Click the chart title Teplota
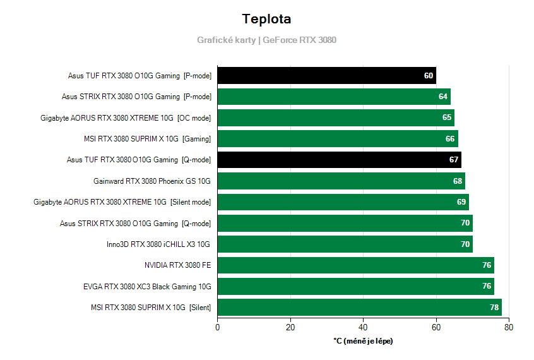pos(266,19)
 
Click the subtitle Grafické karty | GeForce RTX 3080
pos(266,40)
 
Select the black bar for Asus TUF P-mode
pos(326,76)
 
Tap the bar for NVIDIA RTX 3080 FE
pos(355,265)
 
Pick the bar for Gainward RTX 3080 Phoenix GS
pos(341,181)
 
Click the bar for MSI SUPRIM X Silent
pos(359,308)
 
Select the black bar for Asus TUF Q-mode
pos(339,160)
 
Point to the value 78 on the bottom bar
pos(494,308)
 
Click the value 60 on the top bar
pos(429,76)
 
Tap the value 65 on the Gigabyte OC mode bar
pos(447,117)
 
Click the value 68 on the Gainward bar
pos(458,181)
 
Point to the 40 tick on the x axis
pos(363,327)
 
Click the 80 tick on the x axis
pos(509,327)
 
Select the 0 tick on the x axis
pos(218,327)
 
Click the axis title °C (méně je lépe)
pos(363,341)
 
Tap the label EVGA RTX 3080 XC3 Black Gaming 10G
pos(147,287)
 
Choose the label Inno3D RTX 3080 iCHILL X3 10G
pos(158,244)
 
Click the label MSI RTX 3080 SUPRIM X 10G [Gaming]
pos(147,139)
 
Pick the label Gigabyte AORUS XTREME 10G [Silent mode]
pos(122,202)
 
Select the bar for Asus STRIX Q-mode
pos(345,223)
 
